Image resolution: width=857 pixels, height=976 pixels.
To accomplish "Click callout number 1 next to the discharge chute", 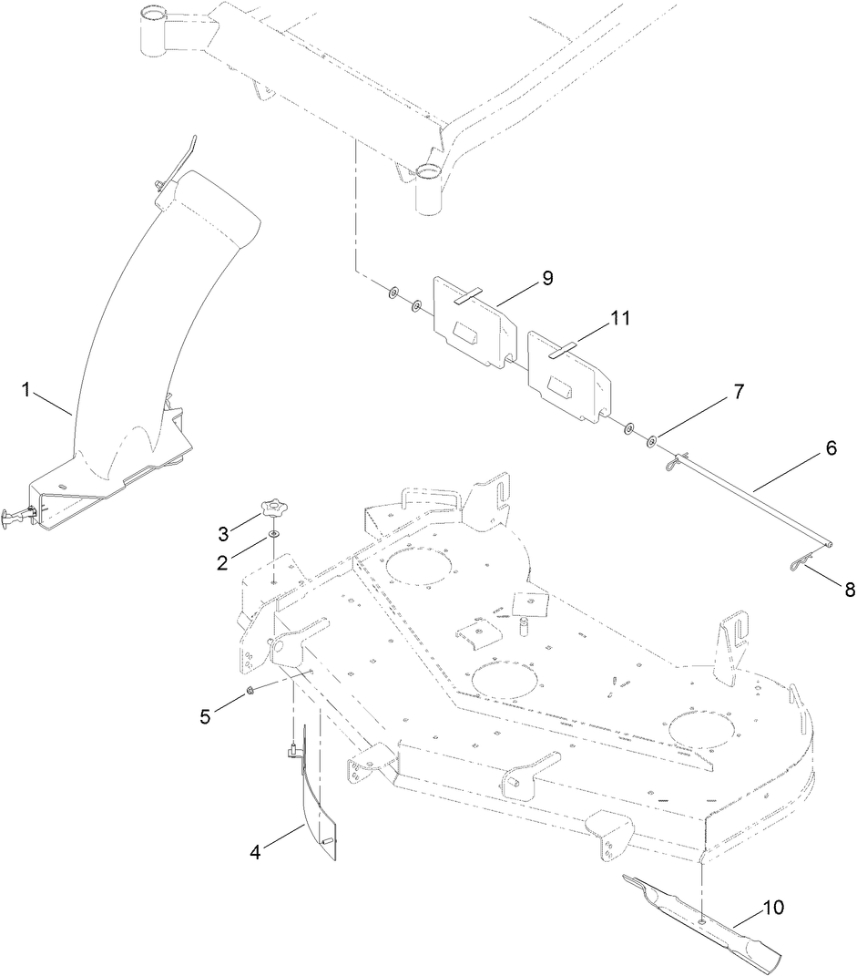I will pos(27,390).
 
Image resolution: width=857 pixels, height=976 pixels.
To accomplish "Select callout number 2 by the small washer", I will pos(222,562).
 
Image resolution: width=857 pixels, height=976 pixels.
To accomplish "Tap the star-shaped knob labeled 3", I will pos(271,507).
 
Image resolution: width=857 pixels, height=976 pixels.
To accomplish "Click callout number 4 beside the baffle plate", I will pos(256,854).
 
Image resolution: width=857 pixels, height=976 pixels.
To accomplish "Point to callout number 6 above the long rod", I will pos(830,448).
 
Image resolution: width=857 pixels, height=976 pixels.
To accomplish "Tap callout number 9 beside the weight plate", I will pos(546,278).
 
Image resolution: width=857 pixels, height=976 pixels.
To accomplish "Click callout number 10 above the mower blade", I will pos(773,909).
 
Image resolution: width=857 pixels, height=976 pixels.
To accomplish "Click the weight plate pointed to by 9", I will pos(469,319).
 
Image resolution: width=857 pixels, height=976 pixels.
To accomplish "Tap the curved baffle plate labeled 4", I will pos(314,806).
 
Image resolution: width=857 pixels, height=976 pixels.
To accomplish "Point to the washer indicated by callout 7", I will pos(652,442).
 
